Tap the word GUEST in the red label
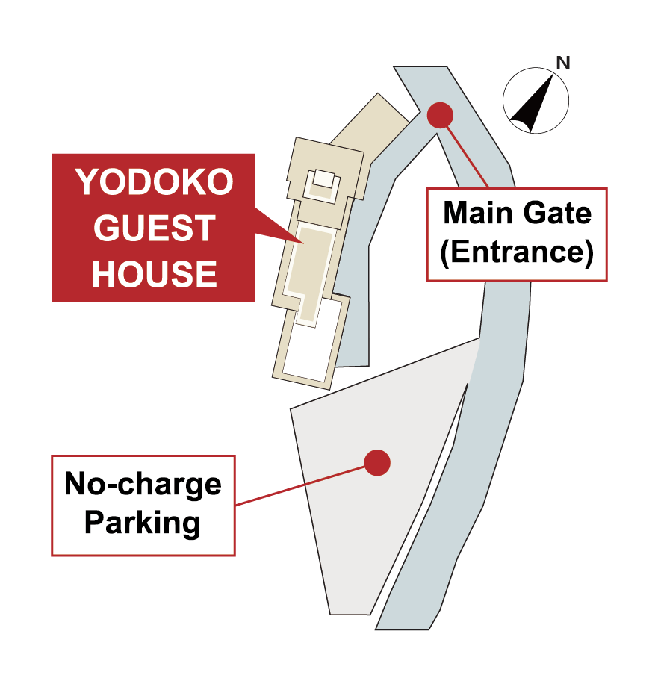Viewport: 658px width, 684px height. pyautogui.click(x=155, y=228)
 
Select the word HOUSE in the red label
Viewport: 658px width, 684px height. pyautogui.click(x=155, y=274)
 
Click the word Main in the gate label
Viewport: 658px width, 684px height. pyautogui.click(x=475, y=214)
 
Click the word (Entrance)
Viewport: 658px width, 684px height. pyautogui.click(x=517, y=253)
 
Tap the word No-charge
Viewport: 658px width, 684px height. pyautogui.click(x=143, y=484)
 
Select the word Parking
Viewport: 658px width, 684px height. pyautogui.click(x=143, y=522)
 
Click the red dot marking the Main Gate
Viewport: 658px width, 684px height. pyautogui.click(x=440, y=115)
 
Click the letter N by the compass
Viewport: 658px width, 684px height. pyautogui.click(x=563, y=63)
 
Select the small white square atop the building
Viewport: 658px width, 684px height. pyautogui.click(x=323, y=179)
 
